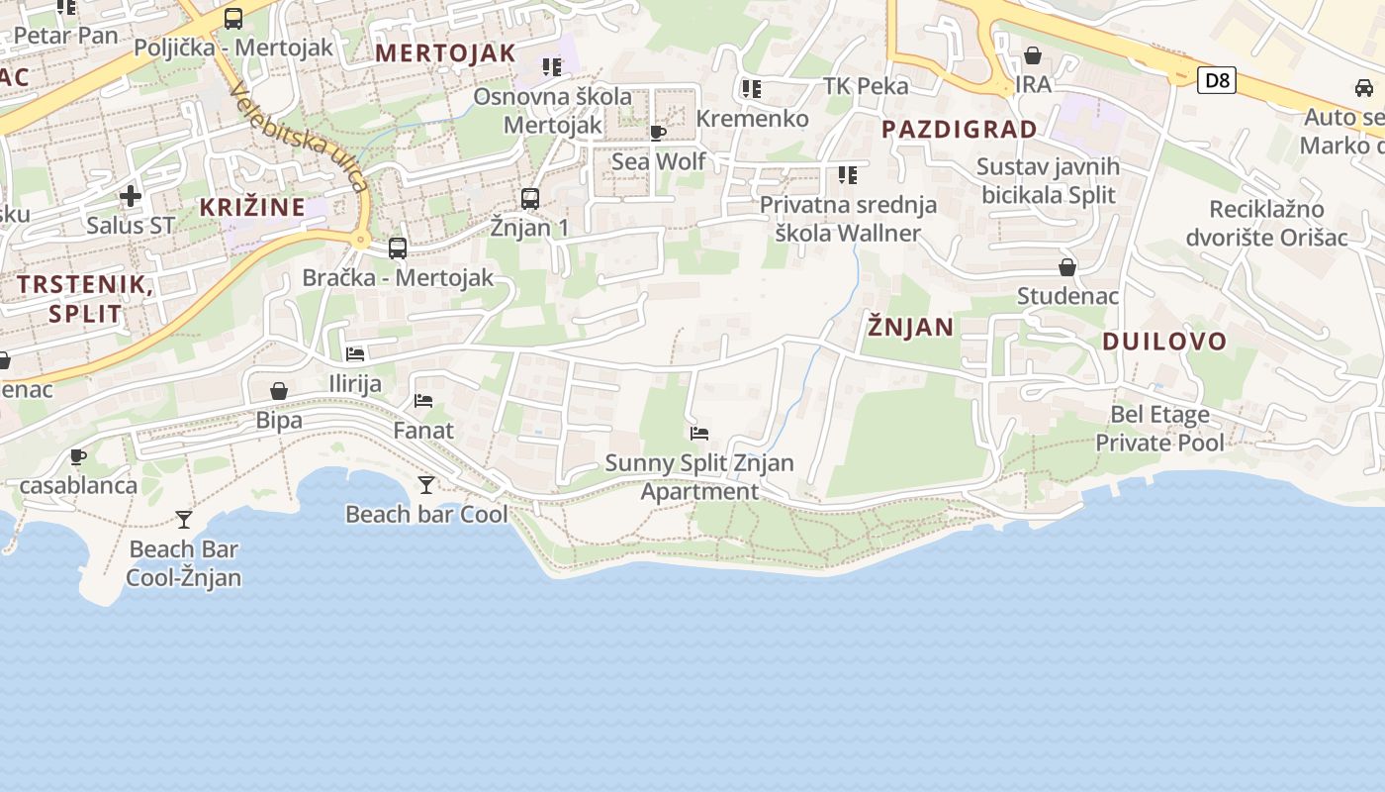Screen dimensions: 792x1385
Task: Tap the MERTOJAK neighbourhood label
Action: click(x=445, y=53)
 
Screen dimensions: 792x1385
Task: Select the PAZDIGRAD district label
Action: click(x=959, y=129)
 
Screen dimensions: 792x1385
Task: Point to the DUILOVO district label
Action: click(x=1164, y=343)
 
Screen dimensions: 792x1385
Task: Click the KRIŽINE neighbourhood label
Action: click(x=252, y=207)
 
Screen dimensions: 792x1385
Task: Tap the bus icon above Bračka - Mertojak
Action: click(x=398, y=247)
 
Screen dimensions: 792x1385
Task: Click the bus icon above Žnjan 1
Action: click(x=530, y=198)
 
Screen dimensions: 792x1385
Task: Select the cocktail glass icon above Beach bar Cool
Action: click(x=426, y=484)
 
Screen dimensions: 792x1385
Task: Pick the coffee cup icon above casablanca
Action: click(x=78, y=456)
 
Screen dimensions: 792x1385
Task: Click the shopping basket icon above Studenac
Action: click(x=1067, y=267)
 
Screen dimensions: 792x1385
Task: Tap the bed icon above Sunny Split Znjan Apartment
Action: click(x=699, y=434)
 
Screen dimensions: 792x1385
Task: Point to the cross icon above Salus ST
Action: click(x=130, y=196)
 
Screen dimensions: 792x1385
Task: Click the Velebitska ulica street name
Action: click(x=299, y=137)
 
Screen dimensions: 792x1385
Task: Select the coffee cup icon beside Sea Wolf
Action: click(x=658, y=133)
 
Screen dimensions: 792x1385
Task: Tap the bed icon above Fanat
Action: click(x=423, y=401)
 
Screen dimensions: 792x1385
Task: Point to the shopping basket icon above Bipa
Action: click(x=279, y=391)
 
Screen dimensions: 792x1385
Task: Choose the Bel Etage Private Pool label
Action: click(x=1159, y=428)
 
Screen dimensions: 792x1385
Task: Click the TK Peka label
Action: click(x=866, y=86)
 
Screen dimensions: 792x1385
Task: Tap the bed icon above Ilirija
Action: click(x=355, y=353)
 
